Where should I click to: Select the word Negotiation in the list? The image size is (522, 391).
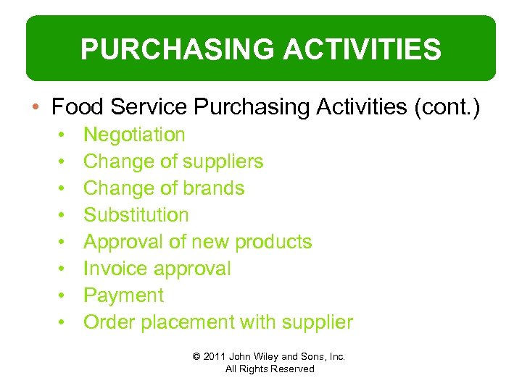[134, 135]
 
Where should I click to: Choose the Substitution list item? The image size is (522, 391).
[136, 215]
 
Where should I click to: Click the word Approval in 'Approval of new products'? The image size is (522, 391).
[123, 242]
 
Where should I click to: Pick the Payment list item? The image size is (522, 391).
[123, 295]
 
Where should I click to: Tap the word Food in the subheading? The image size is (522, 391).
[75, 107]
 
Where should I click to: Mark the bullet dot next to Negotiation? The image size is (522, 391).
[64, 135]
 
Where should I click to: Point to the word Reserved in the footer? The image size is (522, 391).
[292, 369]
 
